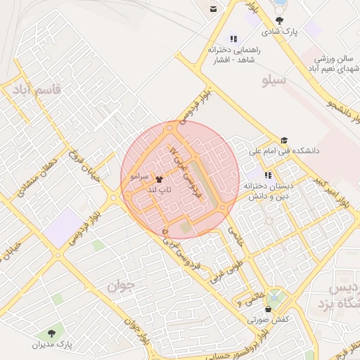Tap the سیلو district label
[x=274, y=79]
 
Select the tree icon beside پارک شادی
[x=281, y=21]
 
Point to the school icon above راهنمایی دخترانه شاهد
[x=233, y=39]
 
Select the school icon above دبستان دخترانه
[x=268, y=174]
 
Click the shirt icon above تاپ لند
[x=157, y=180]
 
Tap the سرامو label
[x=136, y=180]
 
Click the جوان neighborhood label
[x=120, y=286]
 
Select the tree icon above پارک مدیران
[x=51, y=333]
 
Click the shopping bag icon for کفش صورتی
[x=268, y=308]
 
